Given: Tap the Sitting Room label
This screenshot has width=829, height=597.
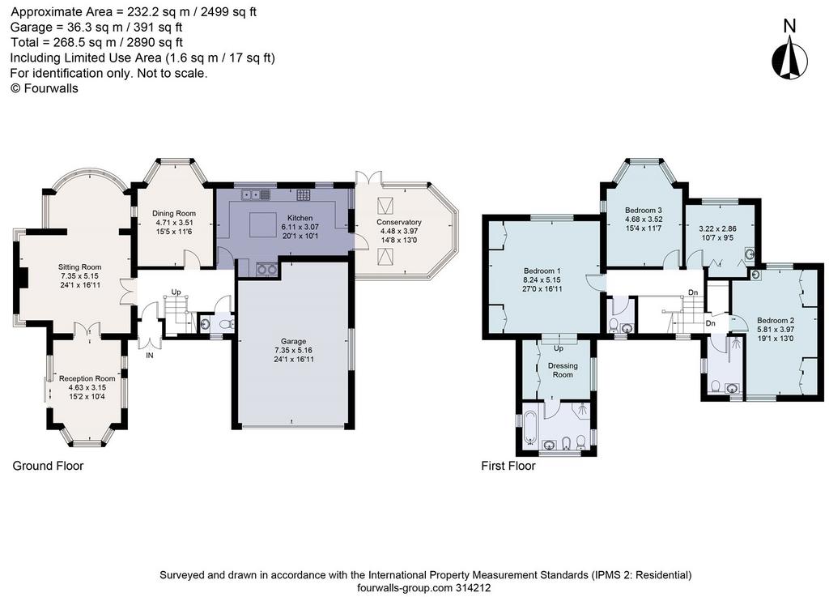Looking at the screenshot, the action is point(80,267).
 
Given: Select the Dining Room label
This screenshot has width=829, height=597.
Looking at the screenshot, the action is point(174,213).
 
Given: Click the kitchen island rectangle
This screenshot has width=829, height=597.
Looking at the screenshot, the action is point(263,224).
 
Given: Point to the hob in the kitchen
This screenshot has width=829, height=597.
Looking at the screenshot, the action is point(304,194).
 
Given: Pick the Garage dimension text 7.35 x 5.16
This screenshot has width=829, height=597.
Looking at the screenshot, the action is point(293,351).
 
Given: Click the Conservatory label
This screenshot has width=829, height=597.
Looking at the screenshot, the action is point(398,222).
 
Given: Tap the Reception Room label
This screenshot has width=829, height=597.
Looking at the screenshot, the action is point(87,378).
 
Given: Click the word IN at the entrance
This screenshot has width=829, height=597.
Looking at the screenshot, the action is point(150,356).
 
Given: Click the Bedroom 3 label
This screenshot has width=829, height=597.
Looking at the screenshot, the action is point(644,210).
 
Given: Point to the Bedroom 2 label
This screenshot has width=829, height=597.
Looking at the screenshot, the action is point(776,321).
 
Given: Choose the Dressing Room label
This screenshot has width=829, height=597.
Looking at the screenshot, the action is point(563,370).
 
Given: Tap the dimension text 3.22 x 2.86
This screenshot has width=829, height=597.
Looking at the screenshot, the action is point(717,229).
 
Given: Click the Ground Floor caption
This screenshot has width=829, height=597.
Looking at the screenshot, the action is point(48,466).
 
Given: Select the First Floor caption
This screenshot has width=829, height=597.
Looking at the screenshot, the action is point(508,466).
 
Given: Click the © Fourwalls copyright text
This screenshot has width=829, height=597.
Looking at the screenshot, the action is point(45,88).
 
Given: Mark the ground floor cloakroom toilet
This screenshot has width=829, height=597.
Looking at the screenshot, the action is point(227,324).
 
